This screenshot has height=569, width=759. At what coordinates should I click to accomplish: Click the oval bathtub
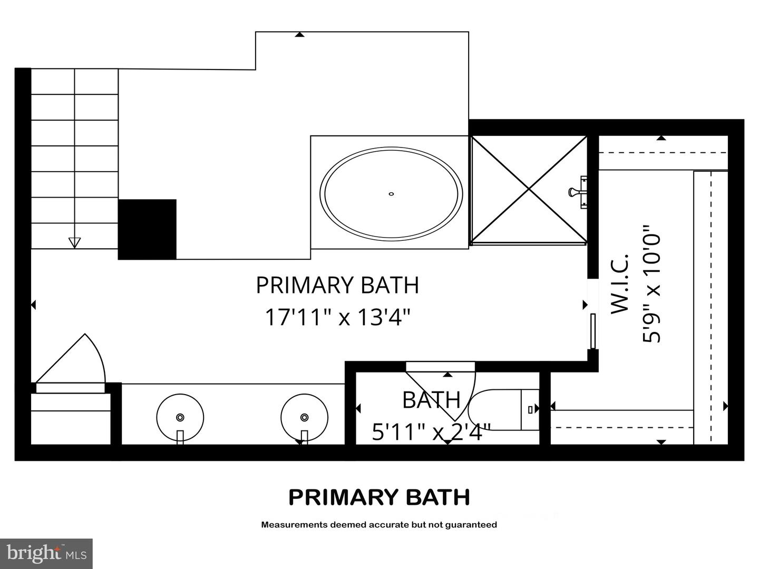(391, 193)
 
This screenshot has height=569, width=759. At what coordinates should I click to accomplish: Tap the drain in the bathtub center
(391, 194)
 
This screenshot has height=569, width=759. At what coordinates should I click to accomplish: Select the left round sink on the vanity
(180, 417)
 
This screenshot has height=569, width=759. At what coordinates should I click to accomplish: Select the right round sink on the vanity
(304, 417)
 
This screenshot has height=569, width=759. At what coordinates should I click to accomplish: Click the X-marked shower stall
(529, 190)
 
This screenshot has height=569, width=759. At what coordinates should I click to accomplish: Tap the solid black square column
(147, 229)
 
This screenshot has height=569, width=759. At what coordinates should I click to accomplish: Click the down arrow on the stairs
(75, 242)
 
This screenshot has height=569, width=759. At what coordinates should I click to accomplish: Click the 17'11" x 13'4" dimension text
(337, 317)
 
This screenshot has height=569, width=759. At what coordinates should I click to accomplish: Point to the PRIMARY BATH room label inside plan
(337, 285)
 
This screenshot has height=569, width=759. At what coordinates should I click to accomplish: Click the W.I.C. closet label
(620, 284)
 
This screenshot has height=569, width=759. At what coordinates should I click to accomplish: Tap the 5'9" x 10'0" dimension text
(651, 284)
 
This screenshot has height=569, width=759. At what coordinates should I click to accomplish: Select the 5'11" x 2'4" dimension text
(431, 433)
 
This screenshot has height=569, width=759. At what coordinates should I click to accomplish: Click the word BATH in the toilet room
(431, 400)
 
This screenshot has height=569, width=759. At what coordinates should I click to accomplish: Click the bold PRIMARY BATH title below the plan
(379, 497)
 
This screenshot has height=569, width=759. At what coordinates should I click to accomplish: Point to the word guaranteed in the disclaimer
(471, 525)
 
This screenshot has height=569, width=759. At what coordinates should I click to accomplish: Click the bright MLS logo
(46, 553)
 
